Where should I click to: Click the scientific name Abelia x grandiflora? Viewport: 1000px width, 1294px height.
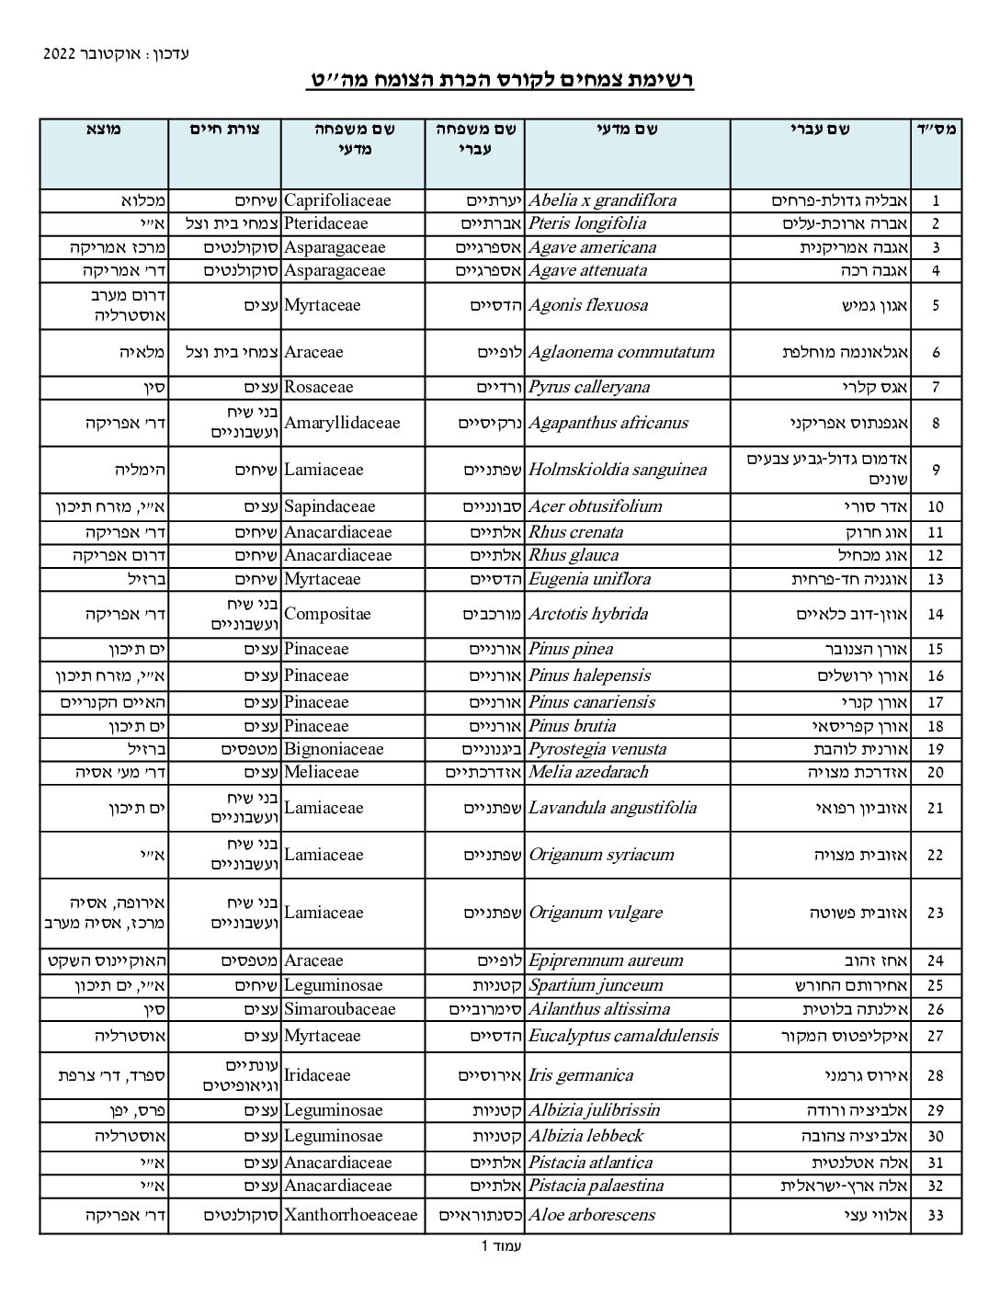[x=603, y=200]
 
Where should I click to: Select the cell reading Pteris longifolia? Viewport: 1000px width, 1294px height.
[x=587, y=223]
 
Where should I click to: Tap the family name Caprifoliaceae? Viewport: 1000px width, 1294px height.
[x=337, y=200]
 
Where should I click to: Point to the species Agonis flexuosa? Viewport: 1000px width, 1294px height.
[x=588, y=305]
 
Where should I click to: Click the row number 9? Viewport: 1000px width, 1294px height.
[x=936, y=470]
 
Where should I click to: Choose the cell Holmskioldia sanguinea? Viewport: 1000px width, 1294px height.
[x=618, y=470]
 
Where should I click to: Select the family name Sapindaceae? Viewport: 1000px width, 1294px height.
[x=330, y=506]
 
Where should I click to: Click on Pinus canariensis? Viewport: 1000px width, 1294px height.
[x=592, y=702]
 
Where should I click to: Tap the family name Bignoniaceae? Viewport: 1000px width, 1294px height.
[x=334, y=749]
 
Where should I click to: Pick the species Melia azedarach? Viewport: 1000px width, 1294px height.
[x=588, y=772]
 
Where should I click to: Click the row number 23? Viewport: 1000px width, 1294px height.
[x=936, y=914]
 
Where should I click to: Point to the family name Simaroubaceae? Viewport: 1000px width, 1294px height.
[x=339, y=1009]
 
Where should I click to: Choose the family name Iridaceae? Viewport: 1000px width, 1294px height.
[x=317, y=1075]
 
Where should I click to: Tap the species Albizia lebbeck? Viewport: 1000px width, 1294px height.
[x=586, y=1136]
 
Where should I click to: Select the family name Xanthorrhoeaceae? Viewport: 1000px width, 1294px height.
[x=350, y=1215]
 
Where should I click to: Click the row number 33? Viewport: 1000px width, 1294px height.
[x=936, y=1216]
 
